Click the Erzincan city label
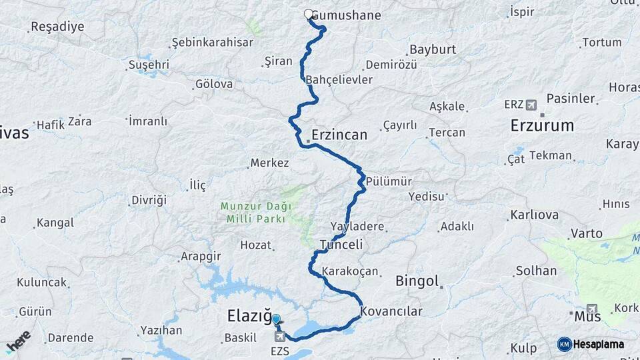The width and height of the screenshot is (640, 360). click(339, 135)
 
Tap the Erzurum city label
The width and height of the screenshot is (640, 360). click(542, 125)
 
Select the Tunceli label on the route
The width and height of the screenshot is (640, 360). click(341, 245)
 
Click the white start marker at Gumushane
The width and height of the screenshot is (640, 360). click(309, 14)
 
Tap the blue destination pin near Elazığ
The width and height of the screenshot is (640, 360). click(276, 321)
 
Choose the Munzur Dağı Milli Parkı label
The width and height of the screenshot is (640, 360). click(253, 213)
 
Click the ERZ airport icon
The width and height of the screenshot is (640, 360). click(531, 105)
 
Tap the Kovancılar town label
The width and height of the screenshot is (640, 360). click(391, 311)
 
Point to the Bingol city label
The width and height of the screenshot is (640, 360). click(417, 281)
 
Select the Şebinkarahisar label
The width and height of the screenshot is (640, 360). click(213, 42)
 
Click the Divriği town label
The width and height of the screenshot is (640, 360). click(149, 200)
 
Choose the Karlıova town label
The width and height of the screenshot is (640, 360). click(534, 215)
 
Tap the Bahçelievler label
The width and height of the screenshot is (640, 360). click(339, 80)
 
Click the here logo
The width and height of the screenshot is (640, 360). click(18, 341)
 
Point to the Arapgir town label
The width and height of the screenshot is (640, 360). click(201, 256)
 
